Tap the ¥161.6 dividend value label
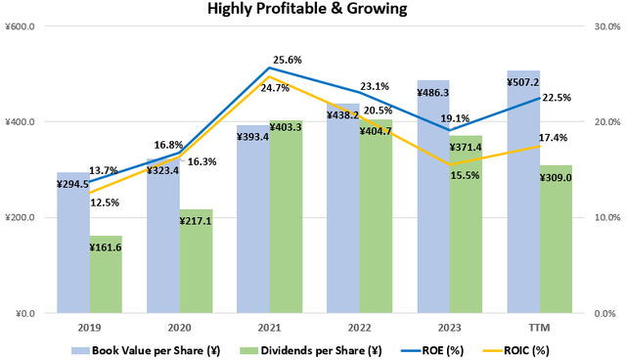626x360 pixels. (x=106, y=248)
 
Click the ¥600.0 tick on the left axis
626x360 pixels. (x=21, y=27)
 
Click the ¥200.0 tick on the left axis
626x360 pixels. (x=21, y=218)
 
